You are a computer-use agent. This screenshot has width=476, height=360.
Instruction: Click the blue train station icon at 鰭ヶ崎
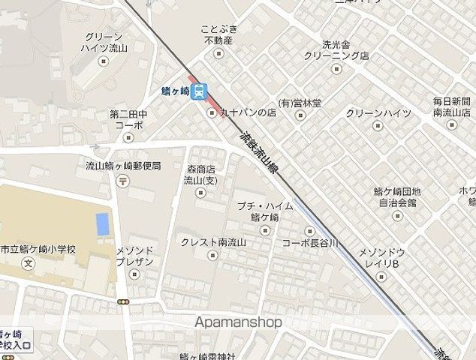click(198, 91)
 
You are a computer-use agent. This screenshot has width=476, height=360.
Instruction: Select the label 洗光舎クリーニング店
click(337, 49)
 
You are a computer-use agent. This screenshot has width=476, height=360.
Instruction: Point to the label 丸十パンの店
click(248, 112)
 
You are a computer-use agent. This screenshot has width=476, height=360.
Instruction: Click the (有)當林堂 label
click(301, 103)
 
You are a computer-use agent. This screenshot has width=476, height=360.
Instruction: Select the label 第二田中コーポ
click(128, 120)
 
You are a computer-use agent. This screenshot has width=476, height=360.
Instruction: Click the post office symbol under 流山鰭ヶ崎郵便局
click(122, 179)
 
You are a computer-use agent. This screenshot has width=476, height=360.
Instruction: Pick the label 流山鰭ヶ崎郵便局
click(123, 164)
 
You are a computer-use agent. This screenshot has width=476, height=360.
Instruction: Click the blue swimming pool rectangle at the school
click(102, 223)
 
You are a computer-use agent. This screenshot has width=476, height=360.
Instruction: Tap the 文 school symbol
click(29, 263)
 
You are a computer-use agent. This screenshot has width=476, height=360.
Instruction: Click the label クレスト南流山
click(213, 242)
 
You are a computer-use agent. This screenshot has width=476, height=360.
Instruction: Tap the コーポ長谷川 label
click(310, 242)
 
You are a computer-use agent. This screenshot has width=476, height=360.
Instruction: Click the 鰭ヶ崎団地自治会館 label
click(397, 196)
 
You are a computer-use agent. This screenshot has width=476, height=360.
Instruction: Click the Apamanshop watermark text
click(238, 322)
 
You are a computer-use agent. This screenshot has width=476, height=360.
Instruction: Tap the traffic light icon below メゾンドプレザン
click(122, 301)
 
